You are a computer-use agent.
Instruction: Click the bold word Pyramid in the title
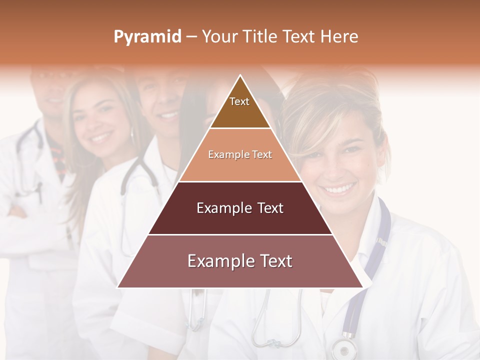(147, 37)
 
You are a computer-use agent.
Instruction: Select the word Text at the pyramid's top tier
(239, 101)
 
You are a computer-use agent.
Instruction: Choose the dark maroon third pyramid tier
(240, 220)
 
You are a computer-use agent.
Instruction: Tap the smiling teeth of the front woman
(339, 189)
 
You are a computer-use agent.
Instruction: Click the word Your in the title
(218, 37)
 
